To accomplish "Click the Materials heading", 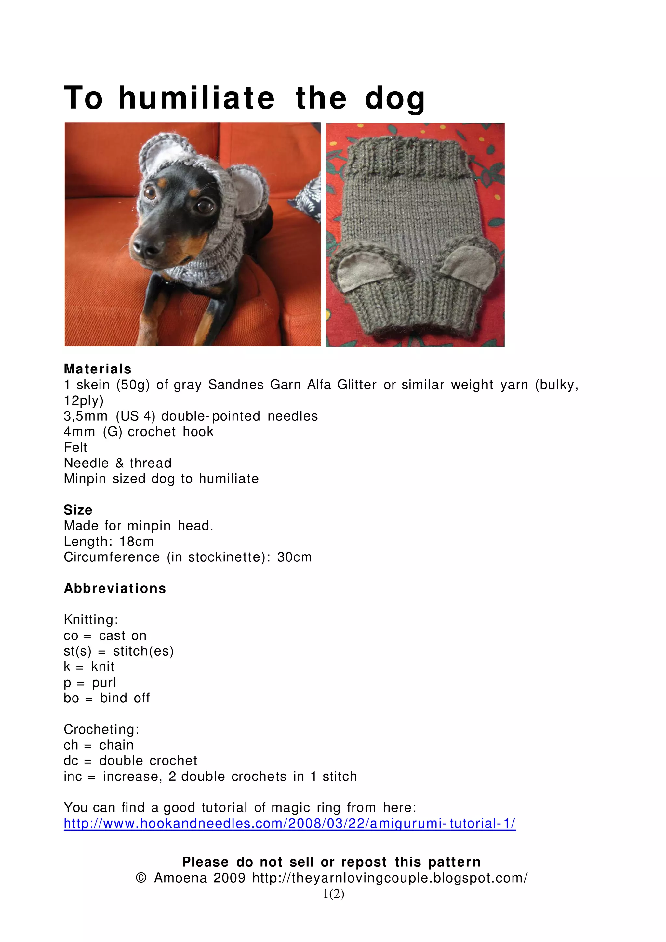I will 98,369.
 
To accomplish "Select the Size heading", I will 78,510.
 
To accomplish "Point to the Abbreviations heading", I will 115,588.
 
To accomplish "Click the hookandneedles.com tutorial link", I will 290,823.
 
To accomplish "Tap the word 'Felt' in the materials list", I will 75,447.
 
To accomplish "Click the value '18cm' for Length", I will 136,542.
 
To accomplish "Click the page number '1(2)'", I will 333,894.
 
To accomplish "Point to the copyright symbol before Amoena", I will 141,878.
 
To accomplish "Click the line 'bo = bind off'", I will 107,698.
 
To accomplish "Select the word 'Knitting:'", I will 91,620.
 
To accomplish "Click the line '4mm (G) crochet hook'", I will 139,432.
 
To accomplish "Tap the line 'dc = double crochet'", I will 130,761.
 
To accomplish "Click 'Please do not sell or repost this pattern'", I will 331,862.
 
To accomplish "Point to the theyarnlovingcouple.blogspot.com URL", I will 390,878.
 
